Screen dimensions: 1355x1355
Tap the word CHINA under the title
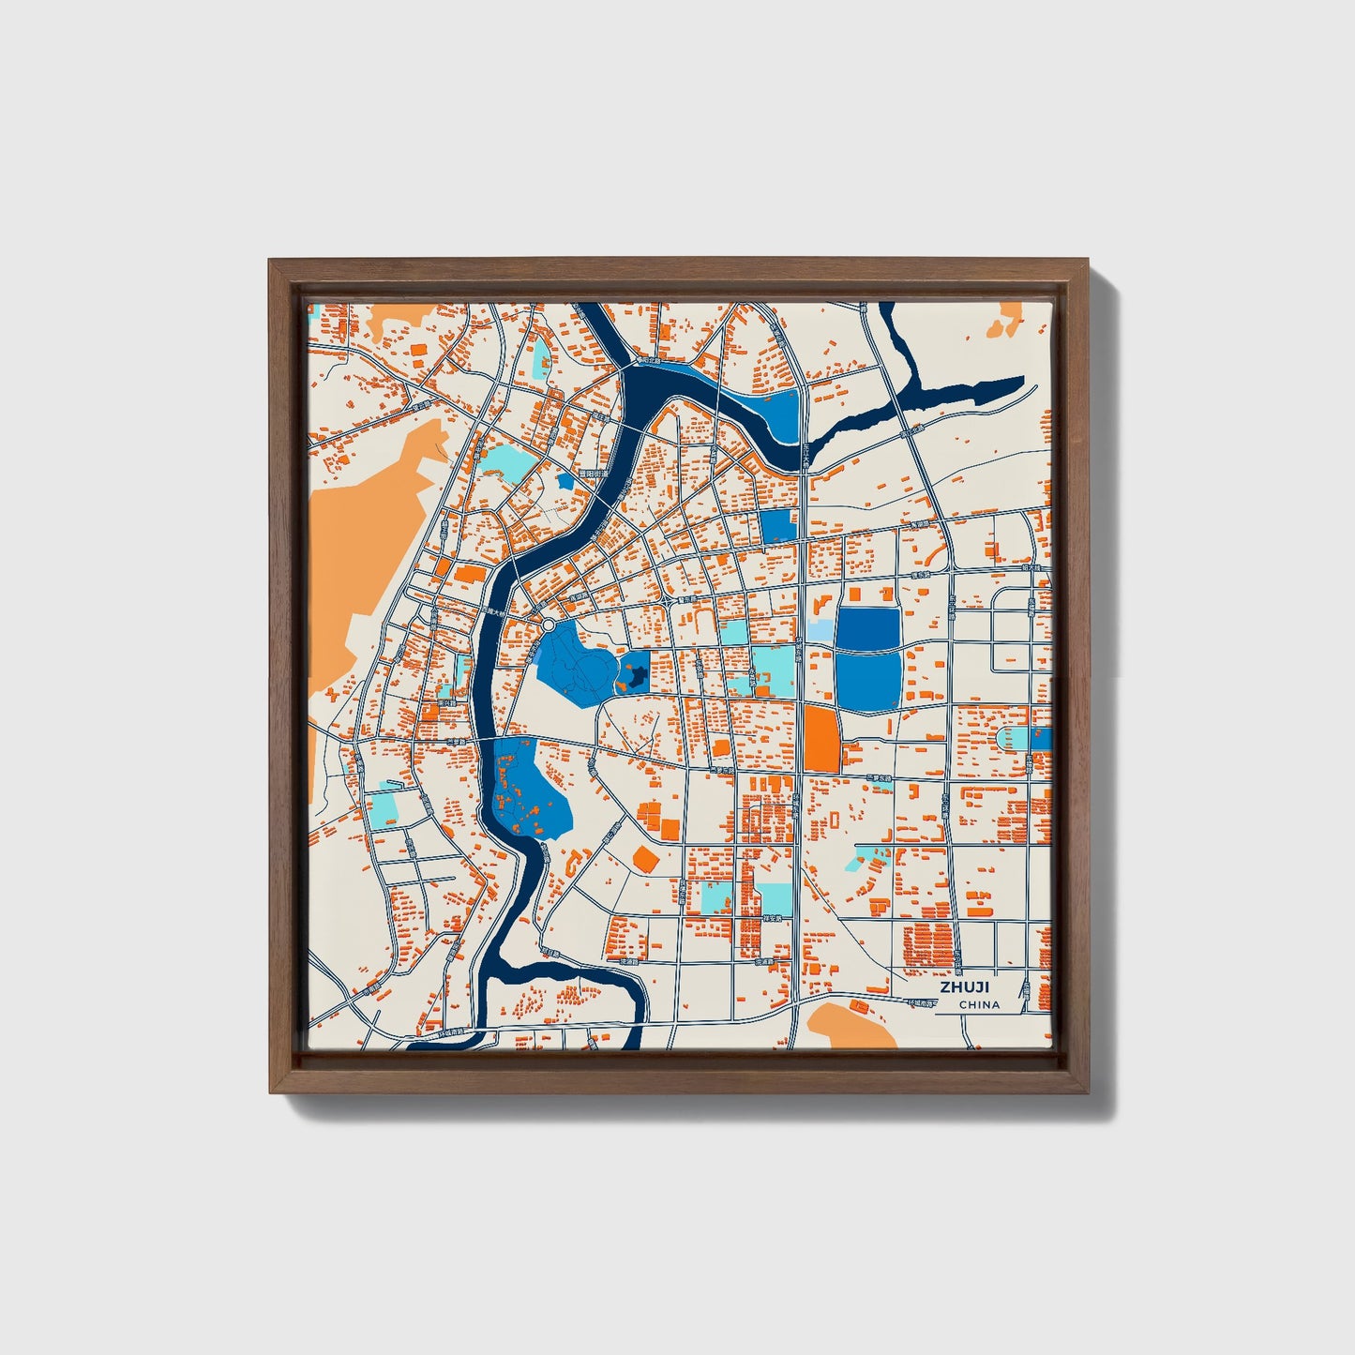tap(979, 1005)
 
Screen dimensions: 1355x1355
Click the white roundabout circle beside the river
tap(548, 624)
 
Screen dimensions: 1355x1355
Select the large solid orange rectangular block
tap(821, 739)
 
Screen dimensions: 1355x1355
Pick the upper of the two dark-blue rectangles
tap(866, 627)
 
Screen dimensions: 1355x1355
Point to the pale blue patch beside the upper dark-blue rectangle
tap(820, 630)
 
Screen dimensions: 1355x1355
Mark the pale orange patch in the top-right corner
tap(1007, 319)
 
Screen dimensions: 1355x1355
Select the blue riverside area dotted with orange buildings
tap(527, 786)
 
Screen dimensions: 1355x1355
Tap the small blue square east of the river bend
tap(777, 526)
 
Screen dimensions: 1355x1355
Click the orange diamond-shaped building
tap(644, 858)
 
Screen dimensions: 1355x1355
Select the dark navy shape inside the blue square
tap(635, 672)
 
